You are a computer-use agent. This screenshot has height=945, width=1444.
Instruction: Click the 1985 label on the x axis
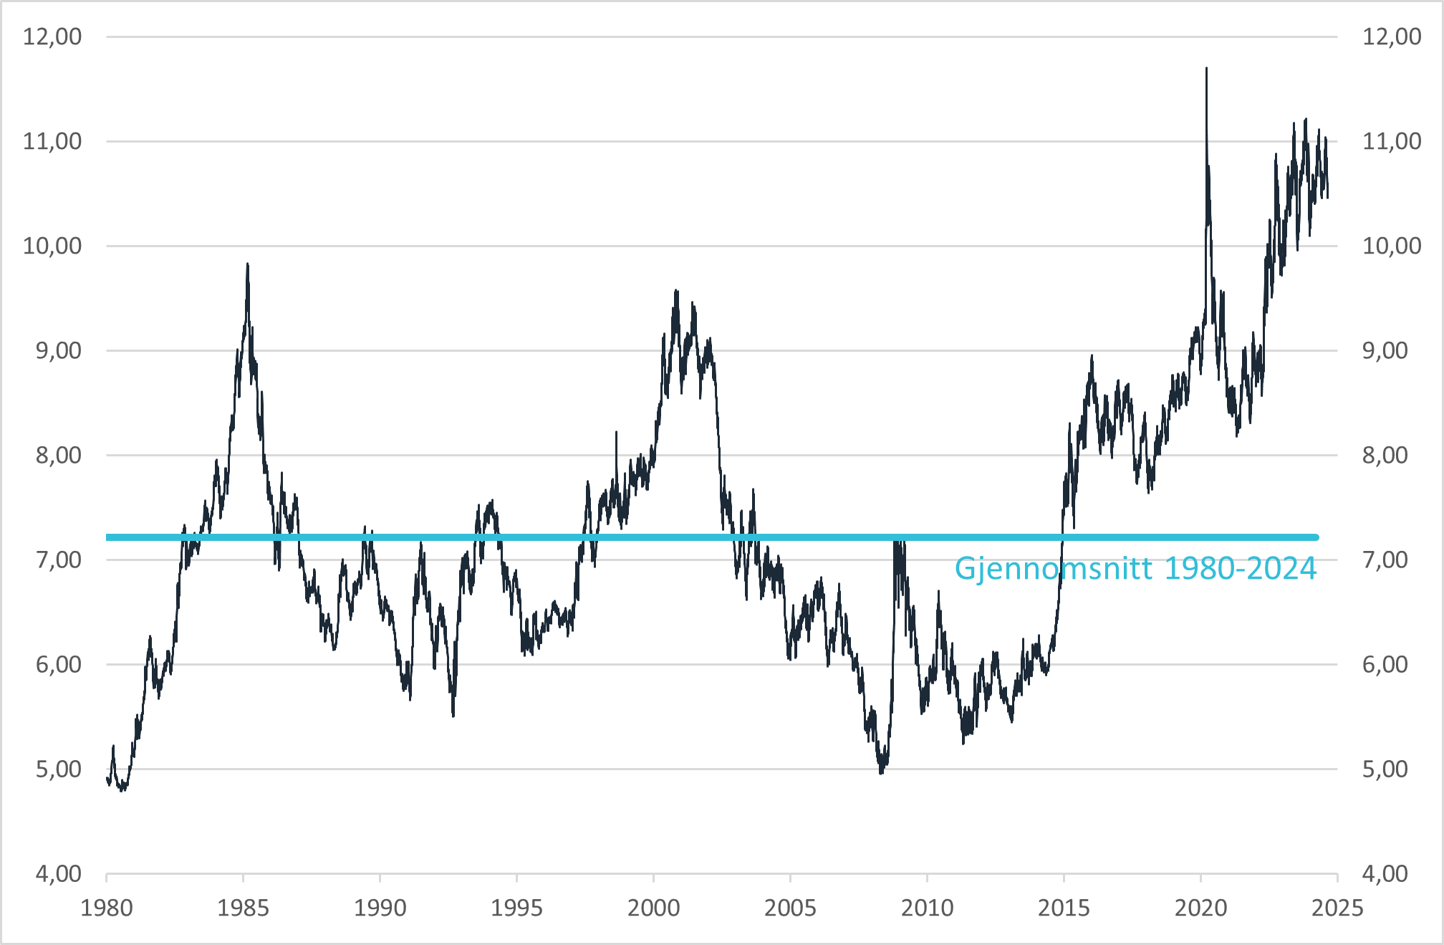click(x=243, y=908)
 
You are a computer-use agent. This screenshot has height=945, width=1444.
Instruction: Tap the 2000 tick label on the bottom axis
click(x=653, y=908)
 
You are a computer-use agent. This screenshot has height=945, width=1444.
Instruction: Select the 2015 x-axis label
click(x=1064, y=908)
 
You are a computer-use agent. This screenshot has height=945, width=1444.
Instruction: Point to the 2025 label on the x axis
click(x=1337, y=908)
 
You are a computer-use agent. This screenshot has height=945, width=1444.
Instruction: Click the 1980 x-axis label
click(x=107, y=908)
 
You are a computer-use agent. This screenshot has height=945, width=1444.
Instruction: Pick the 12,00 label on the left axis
click(x=52, y=37)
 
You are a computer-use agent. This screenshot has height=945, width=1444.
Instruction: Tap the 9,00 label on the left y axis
click(x=59, y=350)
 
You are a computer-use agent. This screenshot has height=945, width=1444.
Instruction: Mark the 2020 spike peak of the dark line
click(x=1206, y=69)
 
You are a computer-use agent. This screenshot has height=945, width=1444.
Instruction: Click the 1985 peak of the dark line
click(x=248, y=264)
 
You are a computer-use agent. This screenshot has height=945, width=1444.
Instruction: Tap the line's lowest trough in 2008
click(x=881, y=773)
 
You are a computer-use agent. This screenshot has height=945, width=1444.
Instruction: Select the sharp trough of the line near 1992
click(x=453, y=716)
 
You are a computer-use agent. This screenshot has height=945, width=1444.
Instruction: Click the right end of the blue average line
click(x=1317, y=537)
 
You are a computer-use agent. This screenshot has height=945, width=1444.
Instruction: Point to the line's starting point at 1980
click(x=107, y=778)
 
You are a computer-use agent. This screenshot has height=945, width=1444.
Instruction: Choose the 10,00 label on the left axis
click(x=52, y=246)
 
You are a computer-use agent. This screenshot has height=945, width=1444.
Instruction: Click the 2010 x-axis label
click(x=927, y=908)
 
